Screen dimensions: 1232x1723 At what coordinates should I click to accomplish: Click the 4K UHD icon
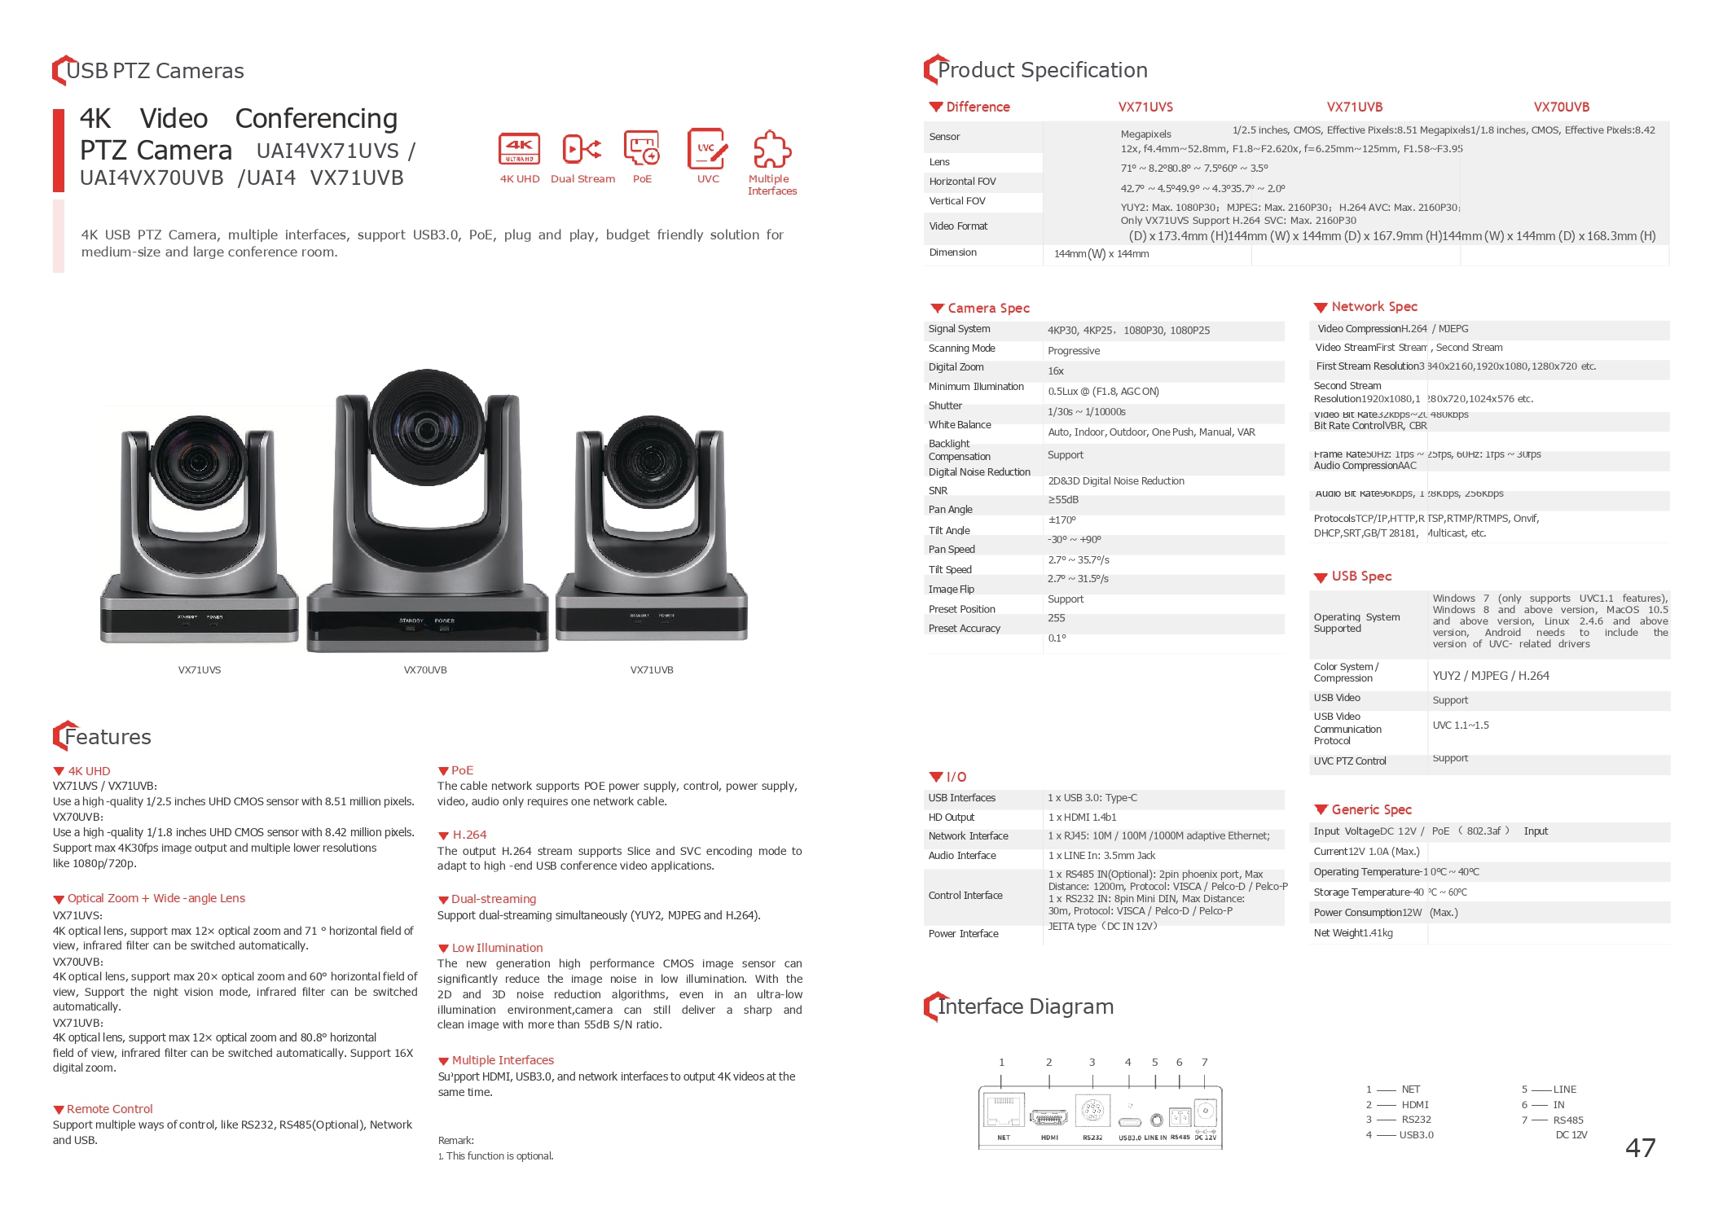tap(519, 149)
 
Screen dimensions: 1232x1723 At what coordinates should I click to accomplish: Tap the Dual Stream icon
tap(582, 149)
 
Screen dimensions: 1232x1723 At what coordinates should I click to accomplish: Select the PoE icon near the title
tap(642, 148)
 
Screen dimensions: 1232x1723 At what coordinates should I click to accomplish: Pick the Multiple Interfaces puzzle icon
tap(771, 150)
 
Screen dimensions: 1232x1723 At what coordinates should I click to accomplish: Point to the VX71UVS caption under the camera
tap(200, 670)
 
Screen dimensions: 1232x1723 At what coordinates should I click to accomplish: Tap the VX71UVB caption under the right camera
tap(652, 670)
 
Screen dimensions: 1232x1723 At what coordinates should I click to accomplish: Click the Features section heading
tap(108, 737)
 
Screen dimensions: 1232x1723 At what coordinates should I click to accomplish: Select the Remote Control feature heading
tap(109, 1109)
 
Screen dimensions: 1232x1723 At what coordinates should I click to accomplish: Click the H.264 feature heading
tap(469, 835)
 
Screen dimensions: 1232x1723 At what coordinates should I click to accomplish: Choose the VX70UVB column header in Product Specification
tap(1562, 107)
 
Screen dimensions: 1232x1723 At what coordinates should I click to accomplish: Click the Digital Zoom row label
tap(956, 367)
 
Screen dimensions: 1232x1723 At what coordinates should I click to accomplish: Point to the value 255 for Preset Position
tap(1057, 618)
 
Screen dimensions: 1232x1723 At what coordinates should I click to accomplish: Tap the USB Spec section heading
tap(1361, 577)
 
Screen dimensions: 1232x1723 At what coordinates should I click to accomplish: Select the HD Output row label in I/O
tap(952, 818)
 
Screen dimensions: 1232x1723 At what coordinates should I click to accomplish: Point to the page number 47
tap(1640, 1148)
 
